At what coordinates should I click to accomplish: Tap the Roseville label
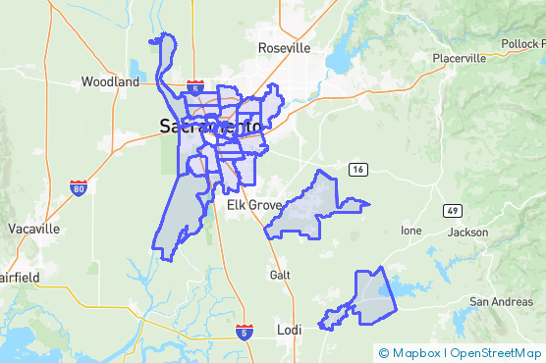(284, 48)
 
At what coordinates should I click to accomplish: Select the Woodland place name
(110, 82)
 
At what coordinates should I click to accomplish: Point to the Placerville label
(460, 58)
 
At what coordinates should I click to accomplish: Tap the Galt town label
(281, 276)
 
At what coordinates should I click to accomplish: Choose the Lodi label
(289, 330)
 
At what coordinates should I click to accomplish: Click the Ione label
(410, 231)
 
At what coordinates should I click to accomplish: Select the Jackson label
(467, 233)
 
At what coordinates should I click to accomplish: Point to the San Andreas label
(501, 301)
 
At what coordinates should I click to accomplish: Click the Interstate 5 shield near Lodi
(246, 334)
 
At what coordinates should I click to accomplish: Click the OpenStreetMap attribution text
(497, 352)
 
